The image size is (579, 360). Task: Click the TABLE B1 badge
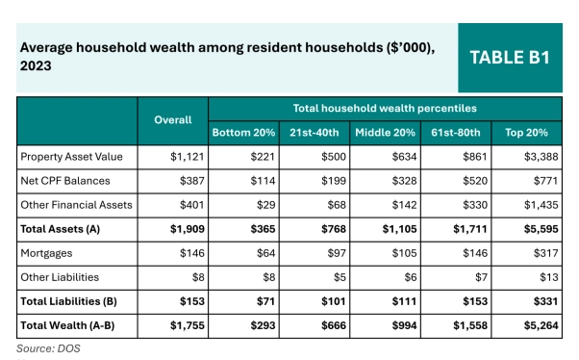click(509, 58)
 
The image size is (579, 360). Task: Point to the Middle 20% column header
click(385, 131)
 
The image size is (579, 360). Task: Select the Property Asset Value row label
click(66, 155)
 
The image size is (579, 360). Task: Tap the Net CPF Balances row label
click(60, 180)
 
